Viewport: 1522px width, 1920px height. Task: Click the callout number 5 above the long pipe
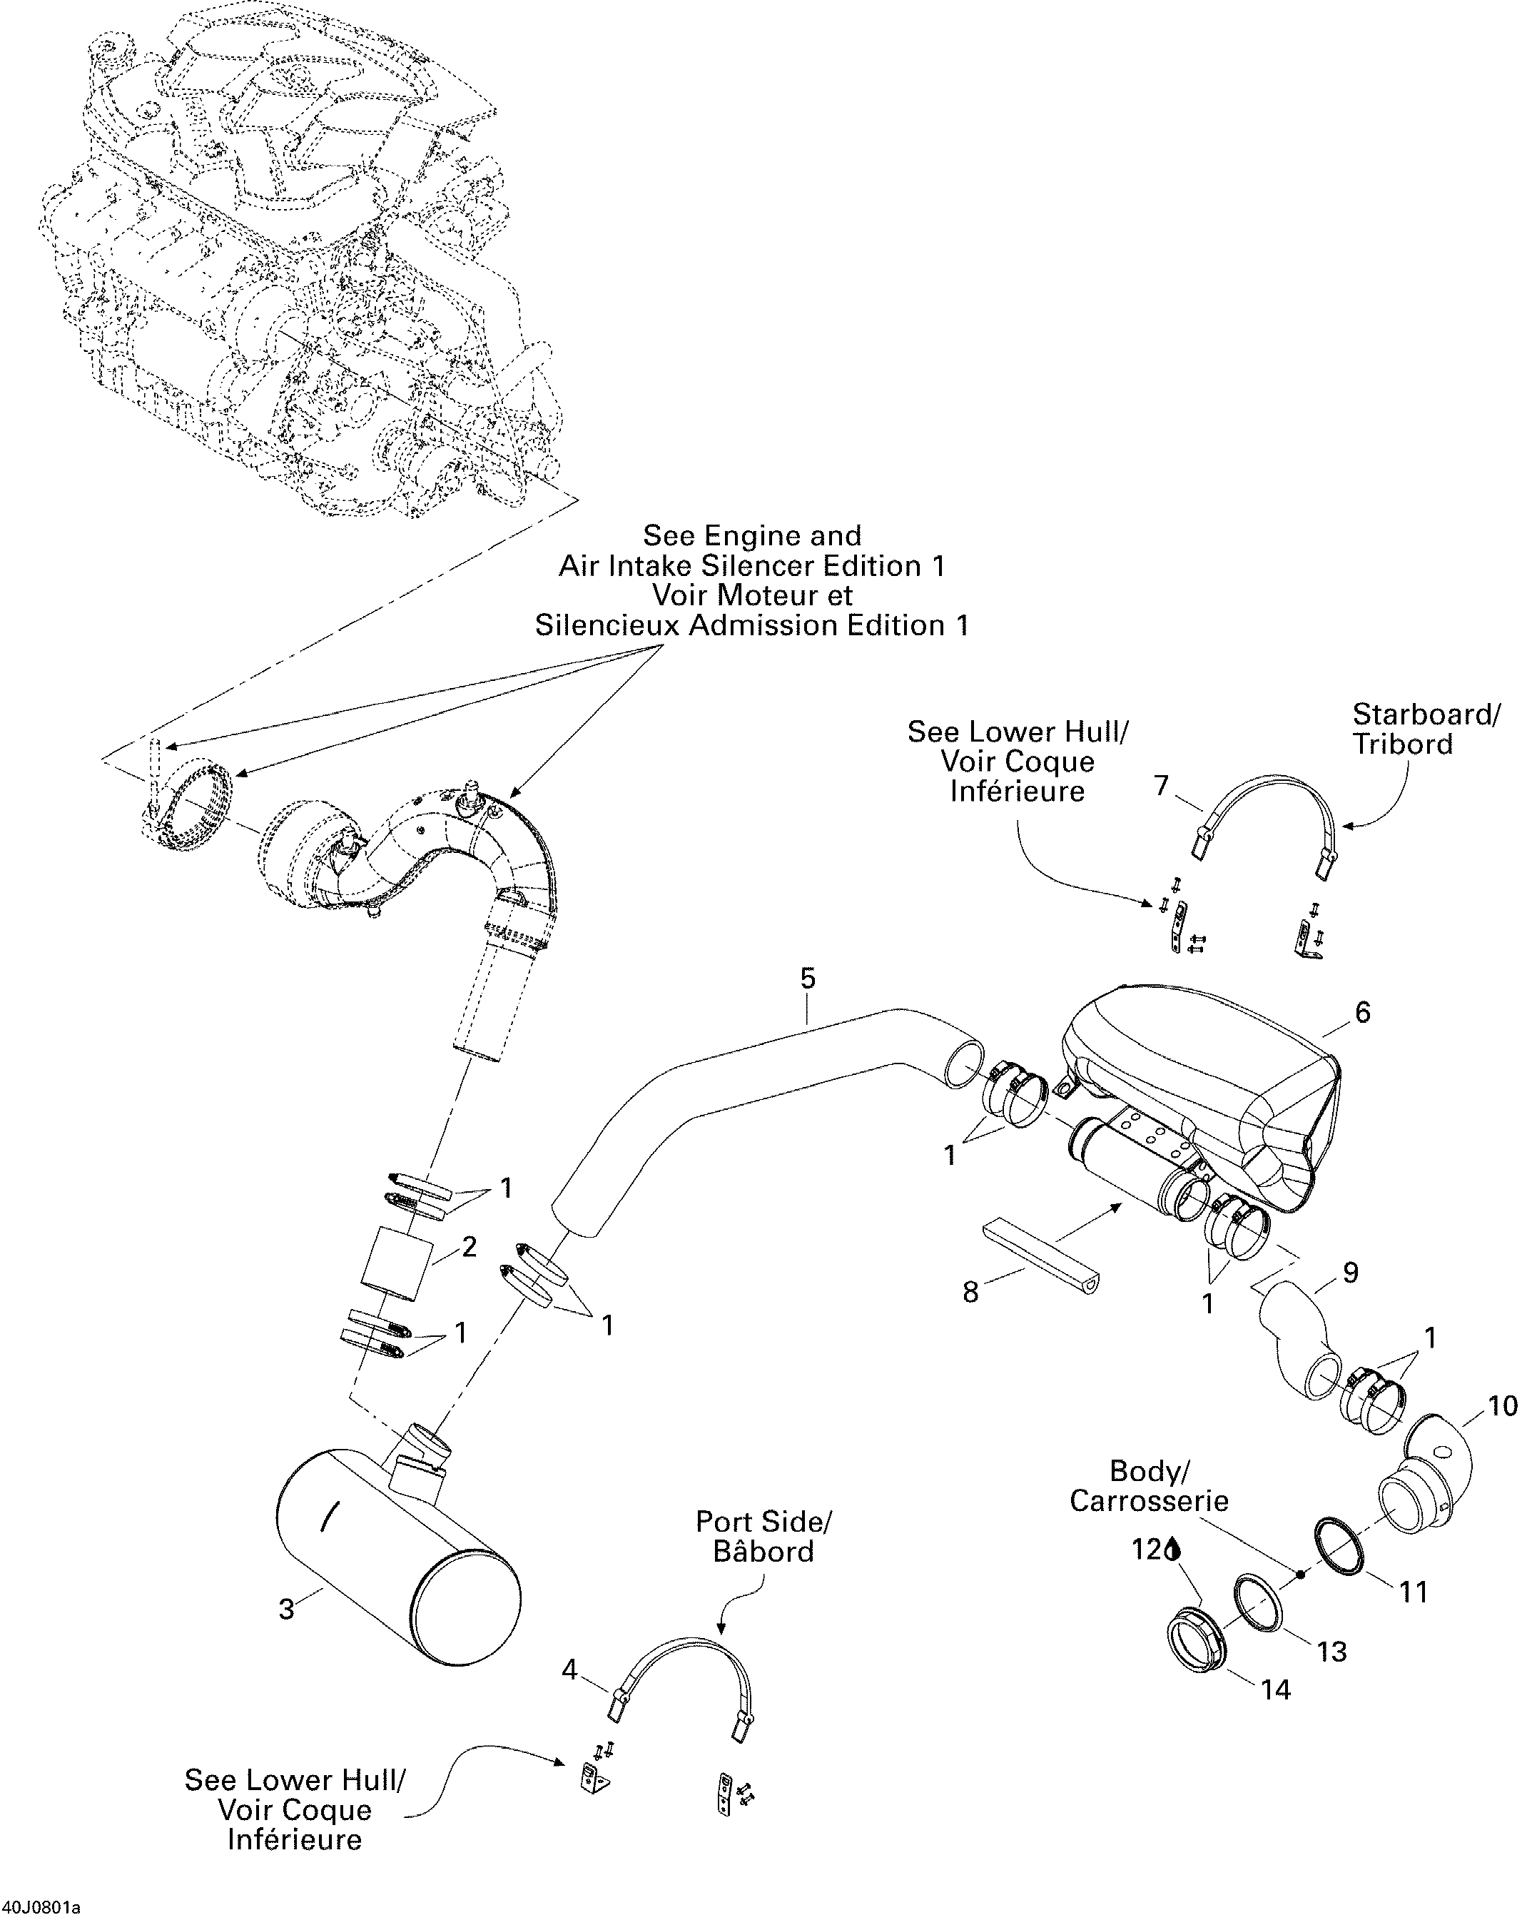pos(806,979)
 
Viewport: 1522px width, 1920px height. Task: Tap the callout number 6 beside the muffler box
pos(1361,1013)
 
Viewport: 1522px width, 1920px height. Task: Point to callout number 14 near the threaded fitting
pos(1275,1690)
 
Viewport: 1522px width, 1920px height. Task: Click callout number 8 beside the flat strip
pos(971,1291)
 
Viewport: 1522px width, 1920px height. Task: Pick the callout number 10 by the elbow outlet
pos(1503,1406)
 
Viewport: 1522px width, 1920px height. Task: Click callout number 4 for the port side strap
pos(569,1669)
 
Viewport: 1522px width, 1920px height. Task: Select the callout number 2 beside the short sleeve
pos(469,1247)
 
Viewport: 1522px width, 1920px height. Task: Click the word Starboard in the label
pos(1421,714)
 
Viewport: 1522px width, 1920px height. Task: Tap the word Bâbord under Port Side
pos(763,1551)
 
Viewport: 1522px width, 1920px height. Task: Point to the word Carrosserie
pos(1148,1502)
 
